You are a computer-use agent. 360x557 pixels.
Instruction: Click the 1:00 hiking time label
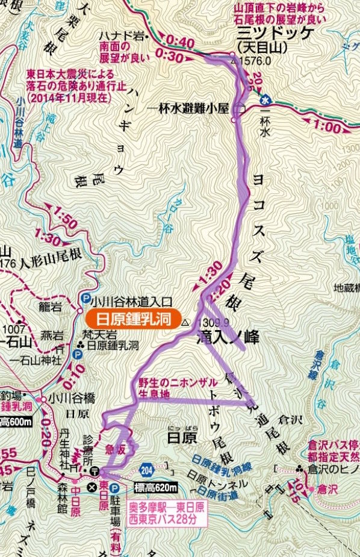[327, 127]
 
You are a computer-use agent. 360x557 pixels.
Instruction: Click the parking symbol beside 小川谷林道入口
[86, 297]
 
